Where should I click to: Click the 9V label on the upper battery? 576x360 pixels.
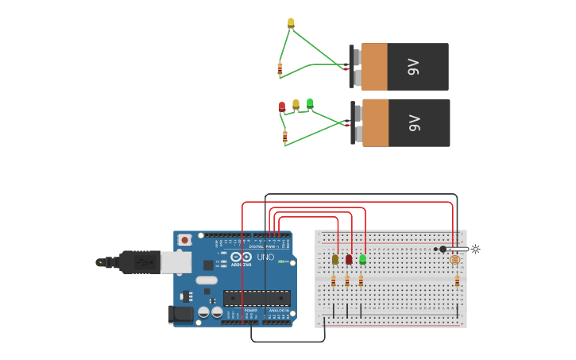coord(413,67)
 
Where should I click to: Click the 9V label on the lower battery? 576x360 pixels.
coord(414,123)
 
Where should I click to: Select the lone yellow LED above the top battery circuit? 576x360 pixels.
coord(291,23)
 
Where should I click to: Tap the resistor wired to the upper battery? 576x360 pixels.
coord(280,69)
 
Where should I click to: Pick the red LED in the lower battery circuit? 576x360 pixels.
coord(281,106)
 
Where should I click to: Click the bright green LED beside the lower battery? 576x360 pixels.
coord(310,103)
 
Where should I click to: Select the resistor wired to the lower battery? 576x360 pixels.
coord(285,137)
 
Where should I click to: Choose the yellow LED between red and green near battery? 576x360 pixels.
coord(296,104)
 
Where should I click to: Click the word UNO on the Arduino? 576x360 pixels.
coord(265,257)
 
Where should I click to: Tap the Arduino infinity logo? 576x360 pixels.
coord(242,257)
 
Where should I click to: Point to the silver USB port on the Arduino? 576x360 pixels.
coord(176,261)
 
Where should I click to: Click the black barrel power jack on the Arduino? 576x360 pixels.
coord(181,314)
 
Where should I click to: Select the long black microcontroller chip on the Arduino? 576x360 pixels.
coord(256,298)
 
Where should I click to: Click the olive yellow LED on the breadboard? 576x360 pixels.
coord(335,259)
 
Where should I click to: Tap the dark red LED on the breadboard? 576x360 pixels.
coord(349,259)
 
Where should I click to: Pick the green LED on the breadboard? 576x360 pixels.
coord(362,259)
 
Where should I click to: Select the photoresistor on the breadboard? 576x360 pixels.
coord(454,260)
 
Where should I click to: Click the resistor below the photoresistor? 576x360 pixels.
coord(457,281)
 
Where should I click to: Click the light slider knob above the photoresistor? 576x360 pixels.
coord(443,249)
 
